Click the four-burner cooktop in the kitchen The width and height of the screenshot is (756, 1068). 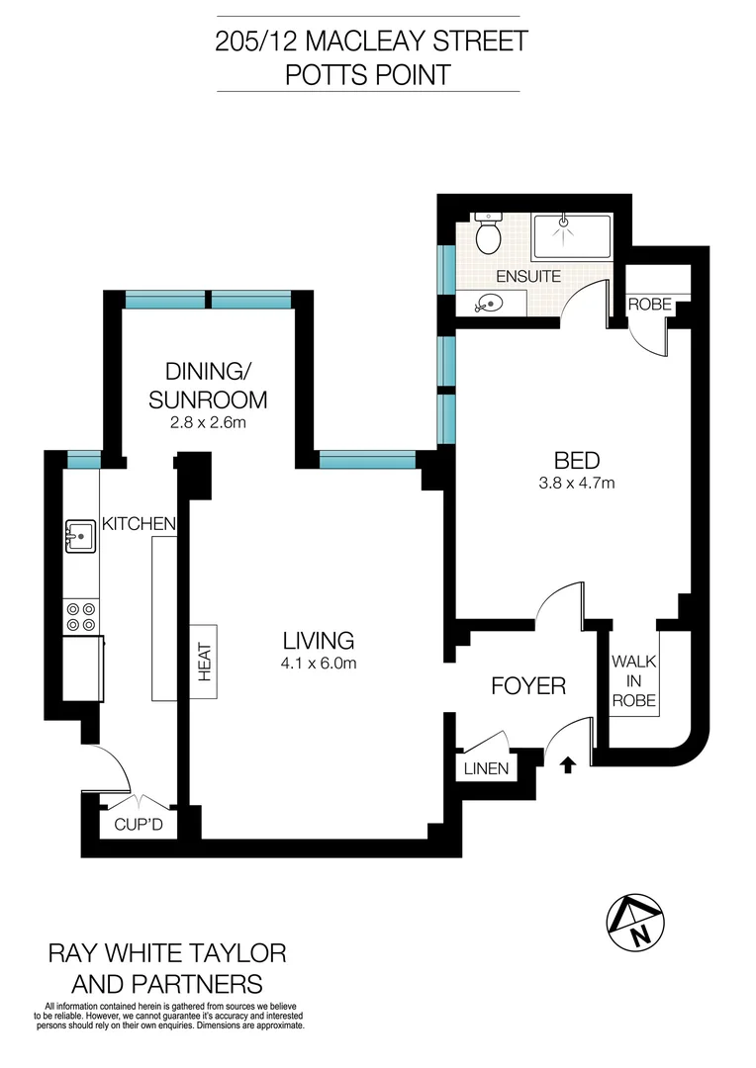coord(80,617)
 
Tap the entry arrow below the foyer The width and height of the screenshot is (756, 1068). coord(568,763)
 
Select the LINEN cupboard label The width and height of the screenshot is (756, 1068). coord(485,768)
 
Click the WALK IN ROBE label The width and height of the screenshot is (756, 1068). coord(629,680)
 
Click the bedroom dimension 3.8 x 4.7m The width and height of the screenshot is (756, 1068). coord(576,484)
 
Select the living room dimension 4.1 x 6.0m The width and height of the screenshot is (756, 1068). coord(317,664)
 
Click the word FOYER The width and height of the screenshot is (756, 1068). coord(528,685)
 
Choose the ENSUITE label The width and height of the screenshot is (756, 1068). coord(529,276)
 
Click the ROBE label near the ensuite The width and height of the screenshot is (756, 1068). coord(650,306)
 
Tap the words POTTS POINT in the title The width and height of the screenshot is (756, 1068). coord(368,74)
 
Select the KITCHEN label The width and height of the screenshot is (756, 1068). coord(139,523)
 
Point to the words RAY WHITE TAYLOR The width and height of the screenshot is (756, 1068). coord(167,953)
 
